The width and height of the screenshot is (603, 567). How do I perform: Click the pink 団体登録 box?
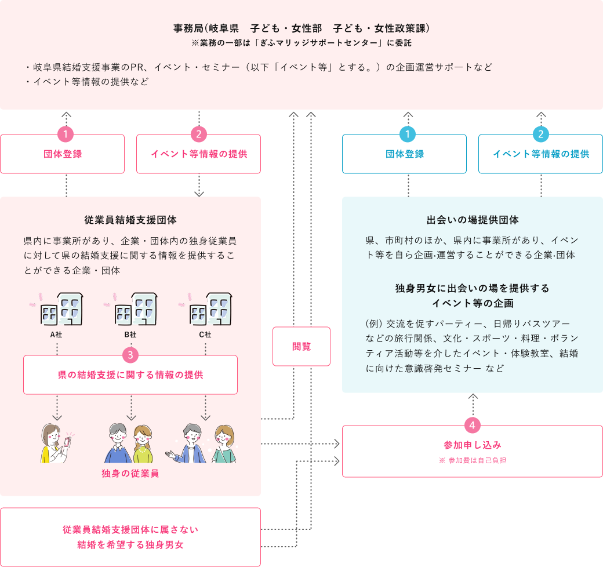pyautogui.click(x=62, y=154)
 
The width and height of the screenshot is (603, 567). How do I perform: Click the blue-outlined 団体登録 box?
pyautogui.click(x=404, y=154)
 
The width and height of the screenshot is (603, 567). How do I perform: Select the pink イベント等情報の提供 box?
pyautogui.click(x=198, y=154)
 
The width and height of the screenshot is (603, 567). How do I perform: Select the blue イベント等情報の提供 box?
pyautogui.click(x=540, y=154)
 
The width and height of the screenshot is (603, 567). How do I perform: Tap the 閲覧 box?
pyautogui.click(x=301, y=346)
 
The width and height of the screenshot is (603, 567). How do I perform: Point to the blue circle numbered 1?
pyautogui.click(x=408, y=135)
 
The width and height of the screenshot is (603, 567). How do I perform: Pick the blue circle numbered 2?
pyautogui.click(x=540, y=135)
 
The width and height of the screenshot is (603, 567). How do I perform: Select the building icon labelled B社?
pyautogui.click(x=133, y=311)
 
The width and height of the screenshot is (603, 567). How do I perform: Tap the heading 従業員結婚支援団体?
pyautogui.click(x=130, y=220)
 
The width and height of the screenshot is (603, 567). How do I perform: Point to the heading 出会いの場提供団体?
pyautogui.click(x=473, y=220)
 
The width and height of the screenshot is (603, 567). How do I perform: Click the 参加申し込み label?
pyautogui.click(x=473, y=445)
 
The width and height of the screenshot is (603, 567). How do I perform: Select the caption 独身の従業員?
pyautogui.click(x=130, y=473)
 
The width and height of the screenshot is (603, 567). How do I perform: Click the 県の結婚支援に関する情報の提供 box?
pyautogui.click(x=130, y=375)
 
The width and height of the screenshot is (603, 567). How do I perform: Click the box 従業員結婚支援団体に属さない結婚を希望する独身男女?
pyautogui.click(x=130, y=537)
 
